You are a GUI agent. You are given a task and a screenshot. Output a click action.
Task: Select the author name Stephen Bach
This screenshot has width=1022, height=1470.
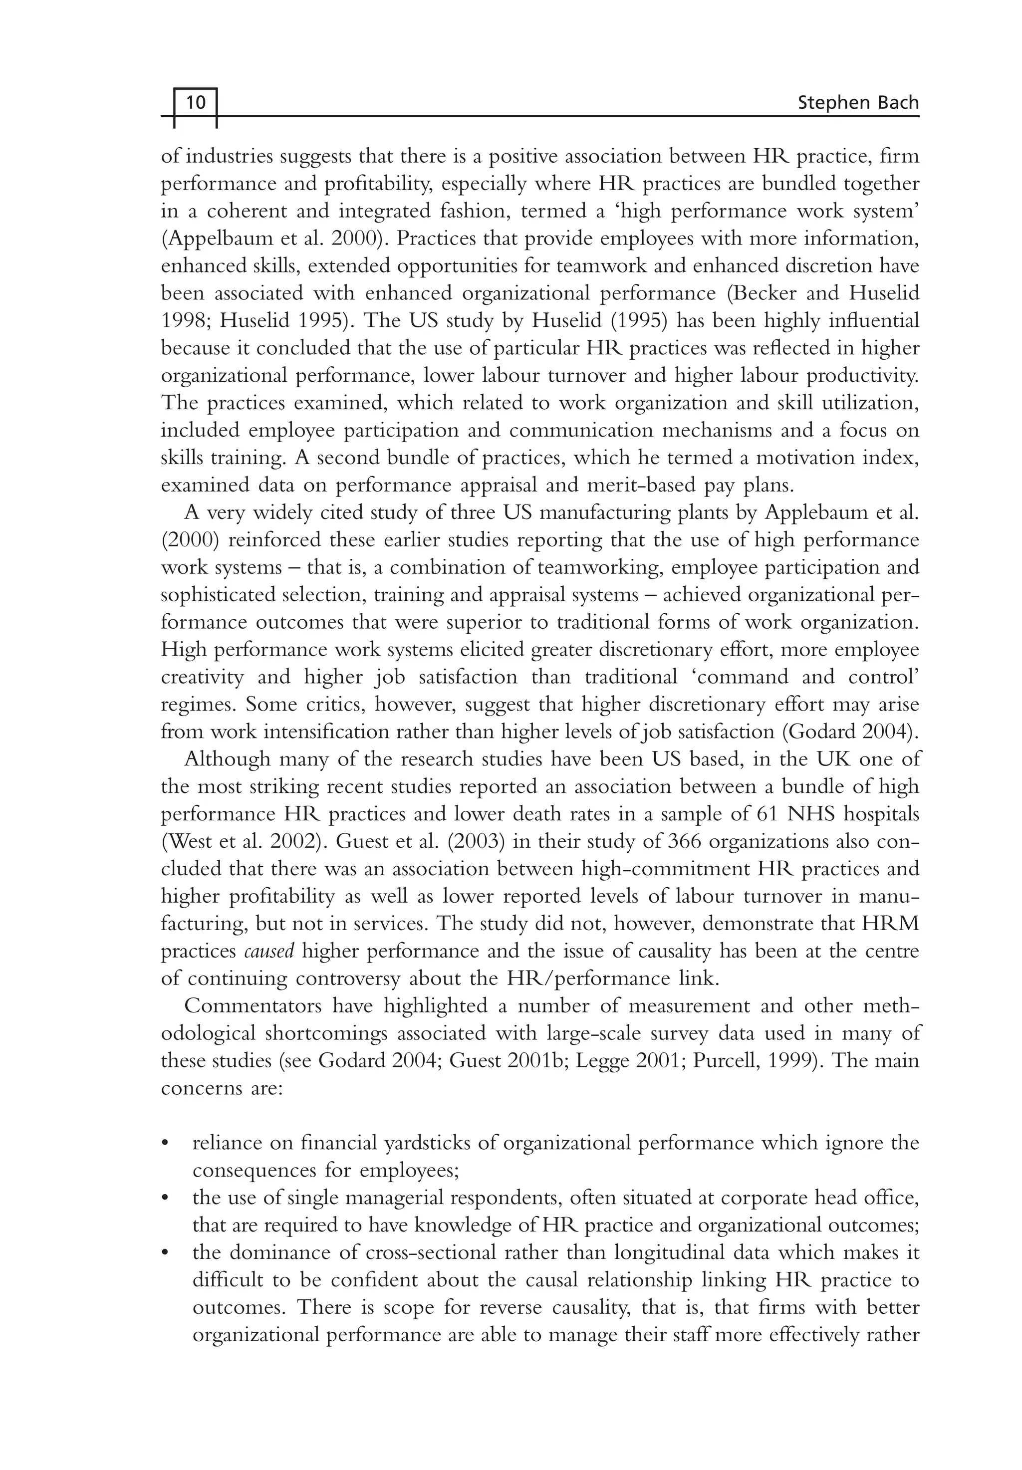[x=857, y=102]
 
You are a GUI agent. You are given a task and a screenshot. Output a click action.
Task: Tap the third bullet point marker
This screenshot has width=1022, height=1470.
[x=166, y=1253]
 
